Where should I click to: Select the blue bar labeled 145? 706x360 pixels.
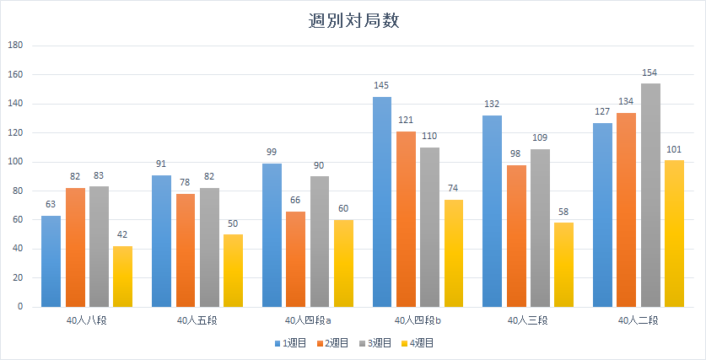coord(382,202)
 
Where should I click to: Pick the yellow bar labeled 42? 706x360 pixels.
coord(122,277)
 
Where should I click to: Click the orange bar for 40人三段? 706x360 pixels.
coord(516,236)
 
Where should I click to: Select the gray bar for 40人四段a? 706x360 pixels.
coord(320,242)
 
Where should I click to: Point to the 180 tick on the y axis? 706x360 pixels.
coord(15,46)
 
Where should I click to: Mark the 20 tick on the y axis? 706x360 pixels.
coord(18,278)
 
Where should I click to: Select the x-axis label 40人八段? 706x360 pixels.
coord(87,320)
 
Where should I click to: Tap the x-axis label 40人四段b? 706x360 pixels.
coord(417,320)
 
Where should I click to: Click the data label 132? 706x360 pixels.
coord(492,105)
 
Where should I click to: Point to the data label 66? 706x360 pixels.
coord(295,201)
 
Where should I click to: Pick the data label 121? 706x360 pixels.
coord(406,121)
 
